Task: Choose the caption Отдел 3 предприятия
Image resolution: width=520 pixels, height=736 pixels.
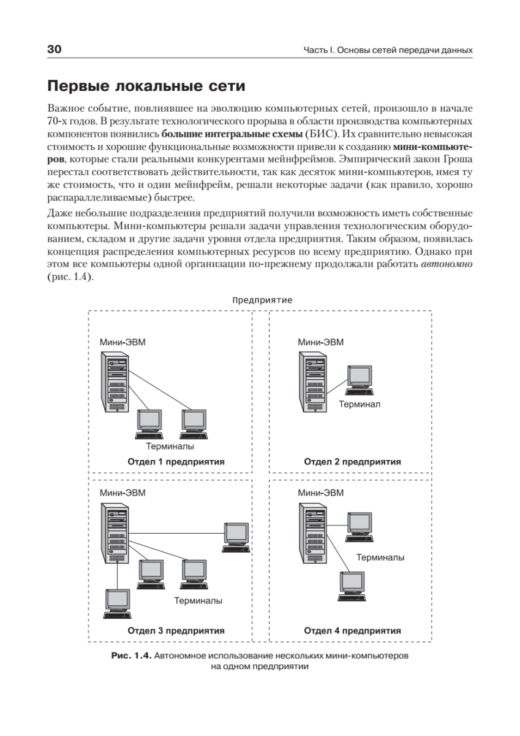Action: (x=176, y=630)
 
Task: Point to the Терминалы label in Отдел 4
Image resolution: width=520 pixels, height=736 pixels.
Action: (x=380, y=558)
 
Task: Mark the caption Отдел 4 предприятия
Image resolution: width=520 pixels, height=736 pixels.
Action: (x=352, y=630)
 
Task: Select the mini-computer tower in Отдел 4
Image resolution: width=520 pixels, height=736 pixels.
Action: (x=309, y=534)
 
